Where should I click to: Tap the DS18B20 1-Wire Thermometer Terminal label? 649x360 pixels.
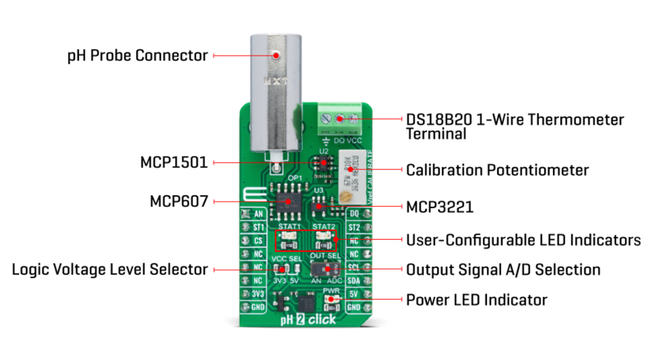pyautogui.click(x=514, y=127)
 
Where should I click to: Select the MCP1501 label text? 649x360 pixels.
pyautogui.click(x=174, y=163)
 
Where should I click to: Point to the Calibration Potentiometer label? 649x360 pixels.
pyautogui.click(x=497, y=169)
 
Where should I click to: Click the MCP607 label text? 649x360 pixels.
pyautogui.click(x=178, y=202)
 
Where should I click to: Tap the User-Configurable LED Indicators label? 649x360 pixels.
pyautogui.click(x=523, y=240)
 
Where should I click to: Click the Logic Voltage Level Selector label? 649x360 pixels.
pyautogui.click(x=110, y=269)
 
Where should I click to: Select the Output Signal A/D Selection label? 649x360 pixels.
pyautogui.click(x=503, y=269)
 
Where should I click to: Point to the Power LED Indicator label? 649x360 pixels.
pyautogui.click(x=477, y=299)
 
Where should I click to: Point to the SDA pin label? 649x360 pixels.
pyautogui.click(x=353, y=280)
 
